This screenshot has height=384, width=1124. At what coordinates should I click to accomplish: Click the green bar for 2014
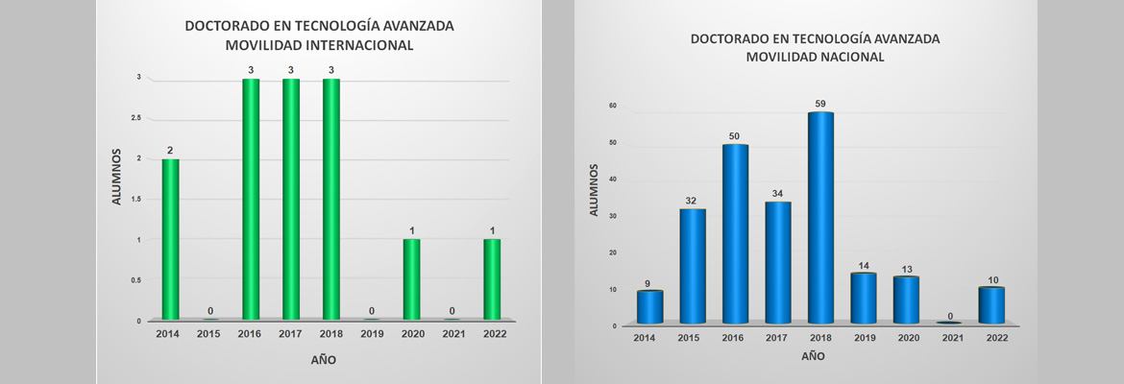[170, 239]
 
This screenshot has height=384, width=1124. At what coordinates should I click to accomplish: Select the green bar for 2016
[251, 199]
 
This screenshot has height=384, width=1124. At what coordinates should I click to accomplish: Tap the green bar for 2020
[411, 279]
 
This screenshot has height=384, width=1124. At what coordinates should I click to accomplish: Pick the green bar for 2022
[492, 279]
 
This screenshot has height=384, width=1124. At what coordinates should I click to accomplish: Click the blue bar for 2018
[820, 218]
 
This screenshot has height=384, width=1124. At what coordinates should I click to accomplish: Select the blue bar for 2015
[693, 266]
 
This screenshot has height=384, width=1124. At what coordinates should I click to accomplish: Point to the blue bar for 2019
[863, 299]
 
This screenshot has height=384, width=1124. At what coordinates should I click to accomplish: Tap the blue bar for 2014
[649, 307]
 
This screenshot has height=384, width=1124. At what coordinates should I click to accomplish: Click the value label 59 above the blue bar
[820, 104]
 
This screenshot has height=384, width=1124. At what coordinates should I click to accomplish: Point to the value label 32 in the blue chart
[693, 201]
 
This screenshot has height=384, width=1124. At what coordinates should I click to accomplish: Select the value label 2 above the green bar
[170, 150]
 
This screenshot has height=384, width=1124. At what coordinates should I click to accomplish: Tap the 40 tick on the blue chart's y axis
[612, 180]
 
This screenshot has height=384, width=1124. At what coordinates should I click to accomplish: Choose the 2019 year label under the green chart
[371, 333]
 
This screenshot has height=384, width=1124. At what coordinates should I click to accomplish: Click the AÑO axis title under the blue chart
[812, 356]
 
